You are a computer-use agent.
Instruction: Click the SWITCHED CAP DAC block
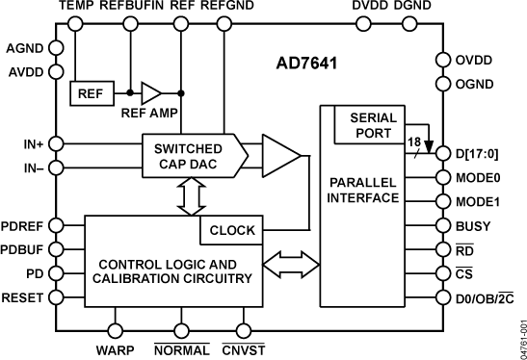187,157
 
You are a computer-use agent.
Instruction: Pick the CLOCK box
231,231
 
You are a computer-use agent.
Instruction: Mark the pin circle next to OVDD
443,59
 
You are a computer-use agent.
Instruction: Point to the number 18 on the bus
411,141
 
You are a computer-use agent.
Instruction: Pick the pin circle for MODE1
443,202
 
